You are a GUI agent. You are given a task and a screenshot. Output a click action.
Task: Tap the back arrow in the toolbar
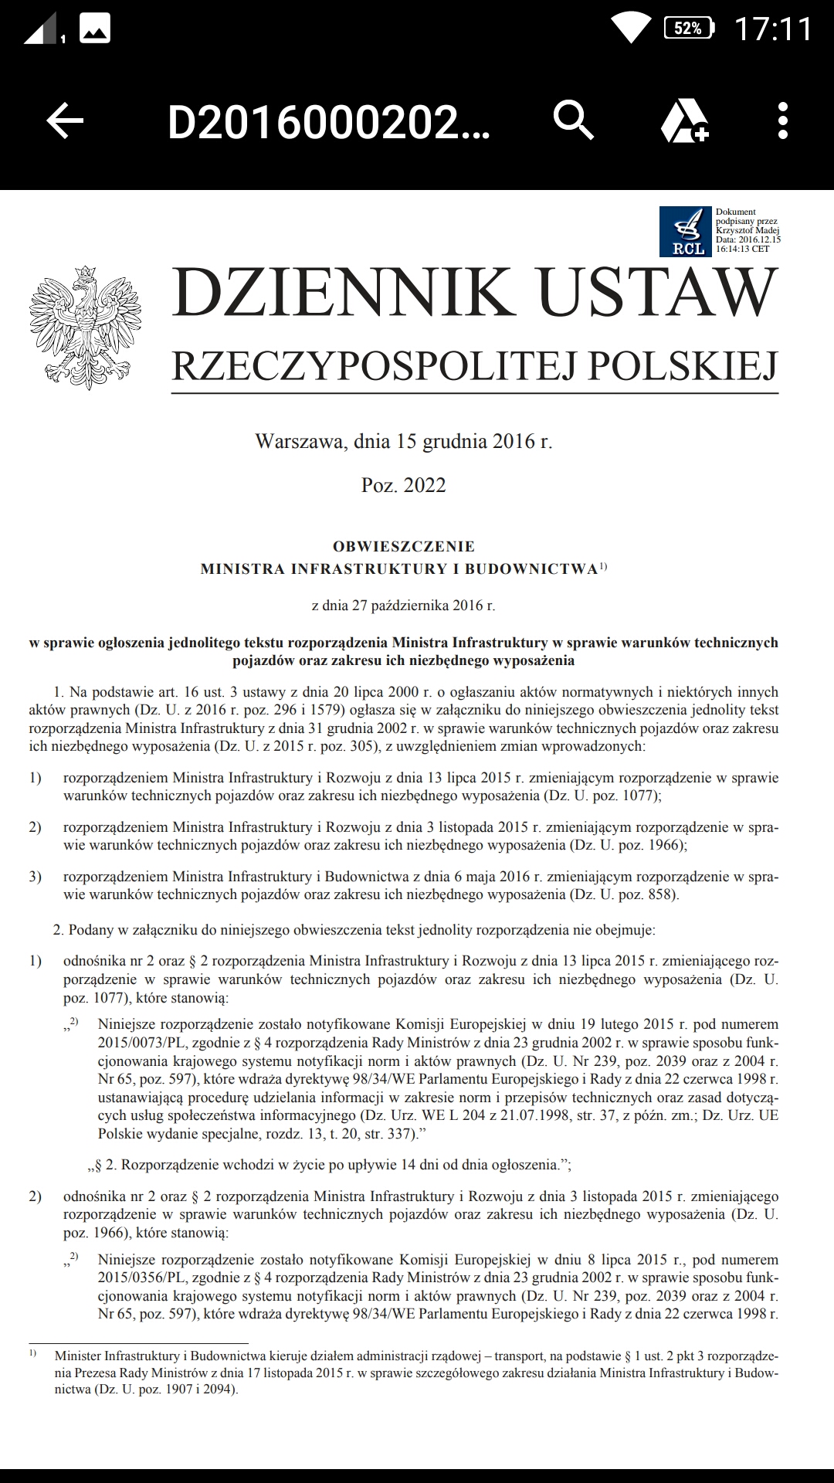point(65,121)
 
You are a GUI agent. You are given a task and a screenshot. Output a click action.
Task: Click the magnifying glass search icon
point(574,120)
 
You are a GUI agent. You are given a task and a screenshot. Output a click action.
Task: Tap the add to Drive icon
point(684,121)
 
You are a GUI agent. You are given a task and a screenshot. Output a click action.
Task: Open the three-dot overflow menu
point(782,121)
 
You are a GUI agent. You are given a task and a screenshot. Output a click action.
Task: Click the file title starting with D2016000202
point(328,122)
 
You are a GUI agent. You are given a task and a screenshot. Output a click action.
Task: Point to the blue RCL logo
point(685,232)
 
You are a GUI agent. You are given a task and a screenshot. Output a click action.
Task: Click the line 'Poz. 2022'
point(403,485)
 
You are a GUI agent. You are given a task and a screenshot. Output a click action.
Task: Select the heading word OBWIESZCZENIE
point(403,546)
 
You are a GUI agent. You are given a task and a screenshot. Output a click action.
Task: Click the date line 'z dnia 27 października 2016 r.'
point(403,606)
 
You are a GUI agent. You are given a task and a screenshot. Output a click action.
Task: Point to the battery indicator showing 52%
point(689,29)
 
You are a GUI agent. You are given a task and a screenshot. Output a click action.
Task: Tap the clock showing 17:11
point(772,29)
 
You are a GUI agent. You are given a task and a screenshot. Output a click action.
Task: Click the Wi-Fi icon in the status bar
point(630,28)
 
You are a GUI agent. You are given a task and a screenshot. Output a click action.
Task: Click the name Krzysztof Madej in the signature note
point(747,230)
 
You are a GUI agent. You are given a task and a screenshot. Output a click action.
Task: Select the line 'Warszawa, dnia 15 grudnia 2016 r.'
point(403,442)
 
